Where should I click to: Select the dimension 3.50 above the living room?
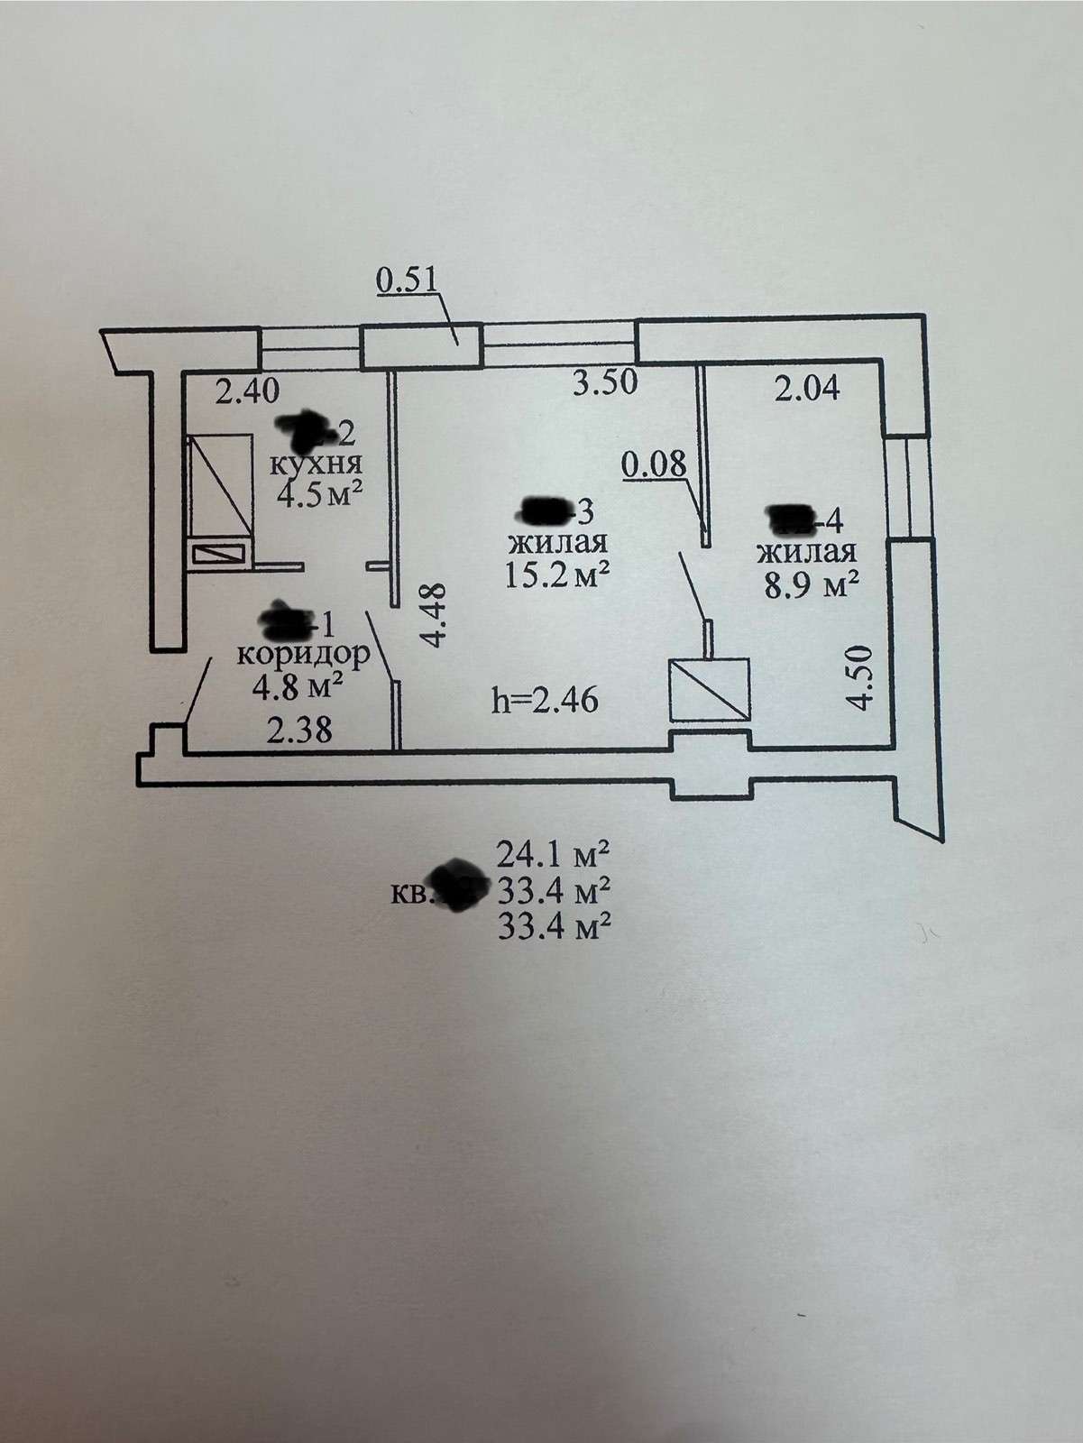pyautogui.click(x=606, y=382)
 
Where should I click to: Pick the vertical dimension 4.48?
pyautogui.click(x=435, y=616)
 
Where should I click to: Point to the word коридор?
pyautogui.click(x=303, y=653)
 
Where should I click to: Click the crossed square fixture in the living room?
pyautogui.click(x=709, y=690)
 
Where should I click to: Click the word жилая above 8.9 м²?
pyautogui.click(x=806, y=551)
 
